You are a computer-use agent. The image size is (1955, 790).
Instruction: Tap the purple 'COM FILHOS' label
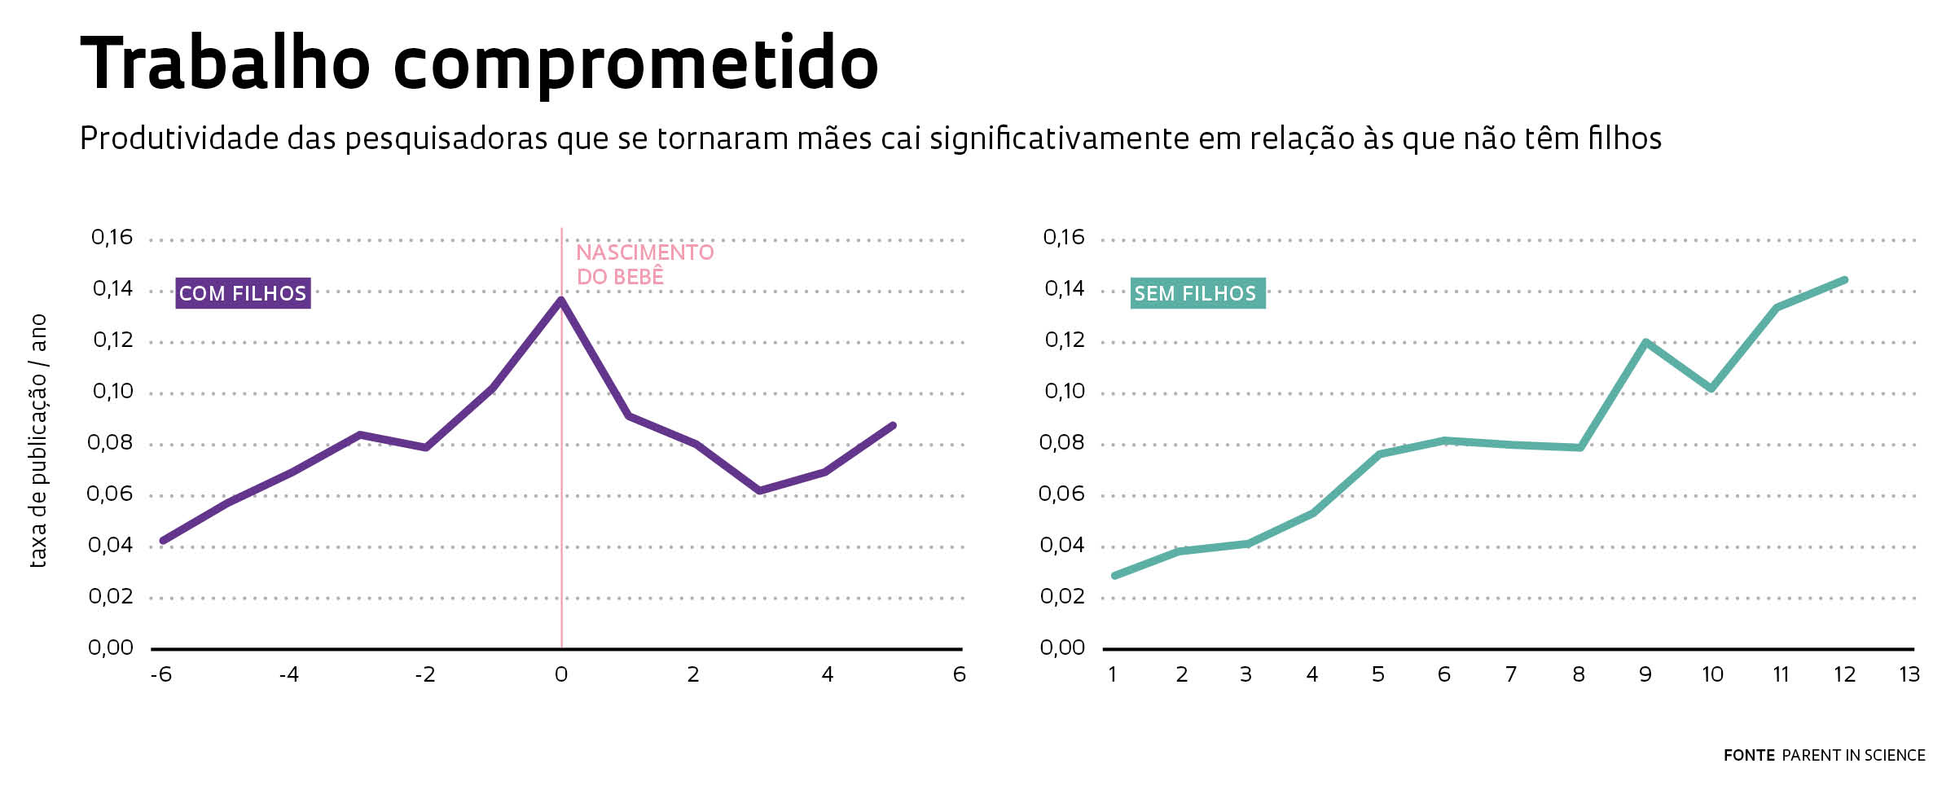tap(243, 293)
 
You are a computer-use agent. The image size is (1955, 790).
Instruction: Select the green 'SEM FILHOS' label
tap(1197, 293)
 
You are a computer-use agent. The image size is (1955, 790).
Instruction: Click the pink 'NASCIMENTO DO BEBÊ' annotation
tap(644, 265)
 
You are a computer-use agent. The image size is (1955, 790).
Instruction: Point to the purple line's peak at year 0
tap(561, 300)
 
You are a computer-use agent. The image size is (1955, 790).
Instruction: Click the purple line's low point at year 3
tap(760, 490)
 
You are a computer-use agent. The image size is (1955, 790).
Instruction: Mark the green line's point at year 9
tap(1646, 342)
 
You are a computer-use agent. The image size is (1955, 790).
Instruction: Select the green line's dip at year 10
tap(1712, 388)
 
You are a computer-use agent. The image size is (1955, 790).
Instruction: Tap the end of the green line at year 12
tap(1844, 280)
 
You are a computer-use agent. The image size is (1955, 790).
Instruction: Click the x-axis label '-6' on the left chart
tap(161, 675)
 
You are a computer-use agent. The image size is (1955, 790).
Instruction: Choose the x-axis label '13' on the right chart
tap(1909, 675)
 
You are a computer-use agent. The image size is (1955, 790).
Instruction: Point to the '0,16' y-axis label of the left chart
tap(112, 238)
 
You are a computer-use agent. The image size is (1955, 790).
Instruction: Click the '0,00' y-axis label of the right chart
tap(1062, 648)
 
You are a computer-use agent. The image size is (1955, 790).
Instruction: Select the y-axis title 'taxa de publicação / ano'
tap(38, 441)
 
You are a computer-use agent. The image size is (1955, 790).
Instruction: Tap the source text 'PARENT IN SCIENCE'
tap(1854, 756)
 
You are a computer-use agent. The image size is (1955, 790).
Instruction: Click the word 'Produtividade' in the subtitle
tap(178, 139)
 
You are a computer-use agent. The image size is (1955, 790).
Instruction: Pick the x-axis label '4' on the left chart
tap(828, 675)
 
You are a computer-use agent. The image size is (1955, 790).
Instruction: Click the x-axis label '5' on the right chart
tap(1378, 675)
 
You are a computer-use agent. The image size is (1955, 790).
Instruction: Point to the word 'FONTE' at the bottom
tap(1749, 756)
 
